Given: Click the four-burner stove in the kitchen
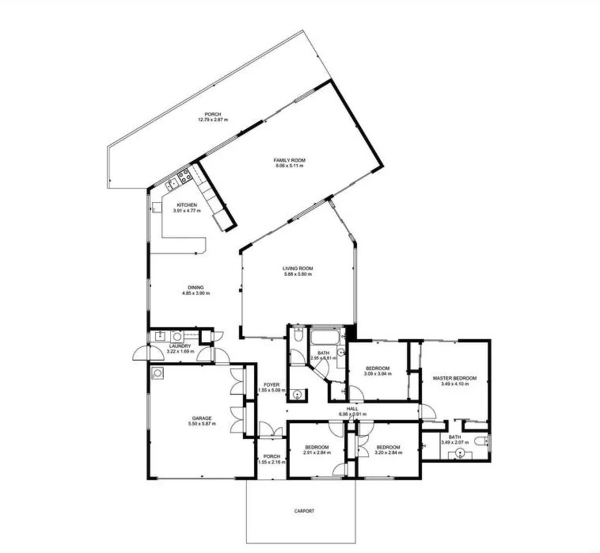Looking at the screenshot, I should click(184, 174).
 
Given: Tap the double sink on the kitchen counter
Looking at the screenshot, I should click(172, 185).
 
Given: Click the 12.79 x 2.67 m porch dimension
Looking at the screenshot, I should click(213, 120).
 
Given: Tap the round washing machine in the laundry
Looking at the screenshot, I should click(176, 336).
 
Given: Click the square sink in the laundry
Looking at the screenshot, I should click(159, 336).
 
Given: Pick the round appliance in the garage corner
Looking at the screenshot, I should click(156, 372).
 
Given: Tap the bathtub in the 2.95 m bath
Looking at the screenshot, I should click(321, 337).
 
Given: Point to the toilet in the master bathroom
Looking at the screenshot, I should click(482, 442).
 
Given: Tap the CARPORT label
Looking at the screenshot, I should click(304, 511).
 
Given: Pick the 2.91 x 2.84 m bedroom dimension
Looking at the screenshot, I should click(317, 452).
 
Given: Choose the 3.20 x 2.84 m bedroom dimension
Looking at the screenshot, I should click(388, 452).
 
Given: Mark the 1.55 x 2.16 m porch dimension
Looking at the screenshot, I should click(272, 462).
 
